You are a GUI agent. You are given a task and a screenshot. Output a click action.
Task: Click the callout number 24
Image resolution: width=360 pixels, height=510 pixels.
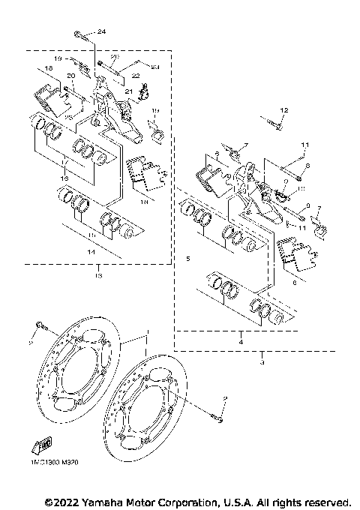click(101, 31)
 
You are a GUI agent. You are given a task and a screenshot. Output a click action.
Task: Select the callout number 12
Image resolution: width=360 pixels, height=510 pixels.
click(283, 110)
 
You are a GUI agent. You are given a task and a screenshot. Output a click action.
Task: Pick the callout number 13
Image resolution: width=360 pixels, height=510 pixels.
click(98, 276)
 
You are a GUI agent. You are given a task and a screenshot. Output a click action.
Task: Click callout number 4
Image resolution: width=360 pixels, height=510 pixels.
click(241, 341)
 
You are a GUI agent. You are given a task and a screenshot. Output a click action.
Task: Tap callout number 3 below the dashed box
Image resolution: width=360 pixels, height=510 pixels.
click(262, 362)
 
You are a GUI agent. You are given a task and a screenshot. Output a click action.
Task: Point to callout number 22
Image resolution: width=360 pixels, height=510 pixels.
click(136, 76)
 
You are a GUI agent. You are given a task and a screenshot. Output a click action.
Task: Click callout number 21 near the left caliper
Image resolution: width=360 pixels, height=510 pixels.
click(127, 92)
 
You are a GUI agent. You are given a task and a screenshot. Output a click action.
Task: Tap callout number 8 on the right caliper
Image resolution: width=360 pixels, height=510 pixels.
click(307, 166)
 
